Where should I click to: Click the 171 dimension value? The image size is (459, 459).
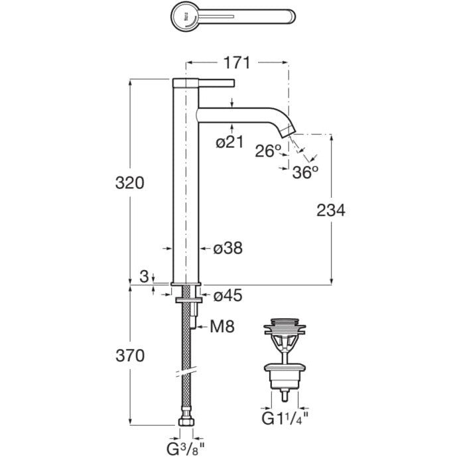coord(237,62)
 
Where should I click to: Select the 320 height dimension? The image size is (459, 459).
coord(130,183)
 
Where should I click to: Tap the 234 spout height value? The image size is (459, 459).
coord(331,210)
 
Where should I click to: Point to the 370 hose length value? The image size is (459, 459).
coord(130,356)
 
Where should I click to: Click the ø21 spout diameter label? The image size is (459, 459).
coord(229,142)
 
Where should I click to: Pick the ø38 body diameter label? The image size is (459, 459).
coord(228,248)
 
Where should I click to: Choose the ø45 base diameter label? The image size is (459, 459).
coord(228,295)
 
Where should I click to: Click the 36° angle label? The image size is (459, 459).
coord(305,172)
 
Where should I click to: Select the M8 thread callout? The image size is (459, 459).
coord(222,326)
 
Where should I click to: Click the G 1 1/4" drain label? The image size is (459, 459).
coord(285,419)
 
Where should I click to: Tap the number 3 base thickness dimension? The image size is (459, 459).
coord(144,277)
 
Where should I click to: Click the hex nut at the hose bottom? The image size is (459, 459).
coord(186,422)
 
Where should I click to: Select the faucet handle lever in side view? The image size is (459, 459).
coord(217,83)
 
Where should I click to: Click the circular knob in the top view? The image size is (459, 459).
coord(185,16)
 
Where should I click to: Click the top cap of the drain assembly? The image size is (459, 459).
coord(285,321)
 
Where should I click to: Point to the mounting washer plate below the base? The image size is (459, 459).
coord(188,300)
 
